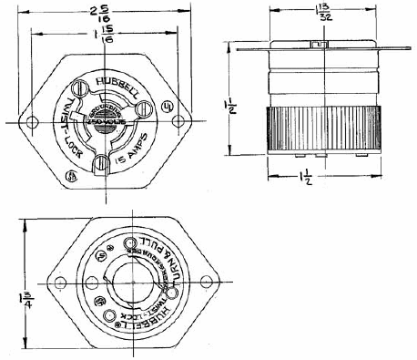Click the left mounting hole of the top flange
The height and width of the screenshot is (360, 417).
point(34,122)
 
